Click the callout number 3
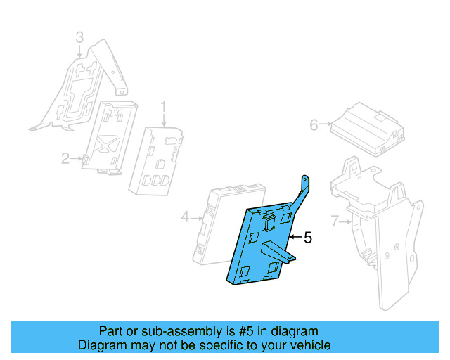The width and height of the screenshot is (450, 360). (x=79, y=37)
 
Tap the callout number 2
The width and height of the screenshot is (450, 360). (x=65, y=159)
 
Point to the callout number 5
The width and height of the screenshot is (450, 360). (x=307, y=238)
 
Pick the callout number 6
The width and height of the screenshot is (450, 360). (x=314, y=125)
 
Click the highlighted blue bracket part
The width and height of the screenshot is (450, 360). (x=257, y=246)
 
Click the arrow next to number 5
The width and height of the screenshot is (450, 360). (x=295, y=238)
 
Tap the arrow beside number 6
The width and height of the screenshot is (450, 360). (x=325, y=125)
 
